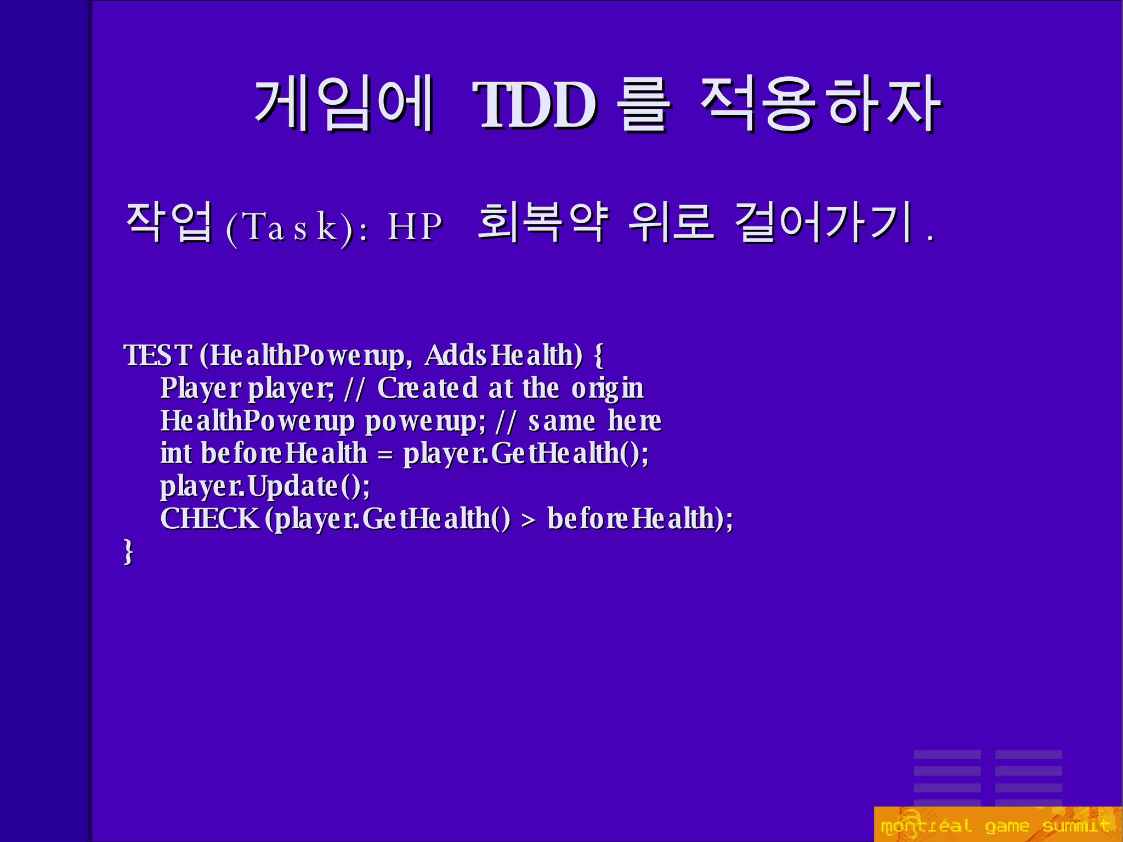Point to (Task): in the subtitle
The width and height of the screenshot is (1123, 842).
(x=297, y=227)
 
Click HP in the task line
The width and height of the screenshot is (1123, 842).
(x=415, y=227)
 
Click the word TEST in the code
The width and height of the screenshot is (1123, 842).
(x=158, y=355)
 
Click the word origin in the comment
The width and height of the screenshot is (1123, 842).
(x=608, y=388)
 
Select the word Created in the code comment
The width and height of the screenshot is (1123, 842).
(x=428, y=388)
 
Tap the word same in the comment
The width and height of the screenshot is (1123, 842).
(x=561, y=421)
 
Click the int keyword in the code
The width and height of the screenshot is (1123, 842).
(x=175, y=454)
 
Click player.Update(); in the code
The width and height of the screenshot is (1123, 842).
(x=265, y=487)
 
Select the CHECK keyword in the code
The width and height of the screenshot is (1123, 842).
(x=209, y=518)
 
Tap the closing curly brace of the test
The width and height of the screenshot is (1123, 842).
(x=128, y=551)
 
